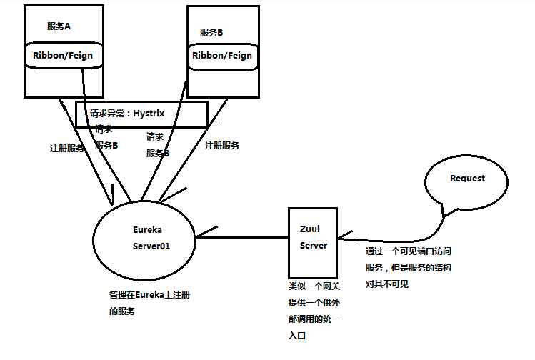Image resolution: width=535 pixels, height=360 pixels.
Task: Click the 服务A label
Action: (x=59, y=26)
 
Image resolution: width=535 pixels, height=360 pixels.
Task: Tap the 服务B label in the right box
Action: (x=211, y=32)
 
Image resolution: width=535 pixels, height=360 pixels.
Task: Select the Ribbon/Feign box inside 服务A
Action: (x=63, y=55)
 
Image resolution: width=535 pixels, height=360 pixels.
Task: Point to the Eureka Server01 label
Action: (x=151, y=237)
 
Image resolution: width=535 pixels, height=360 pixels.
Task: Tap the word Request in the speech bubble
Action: (x=467, y=178)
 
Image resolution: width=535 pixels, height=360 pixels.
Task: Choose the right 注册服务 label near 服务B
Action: (x=222, y=145)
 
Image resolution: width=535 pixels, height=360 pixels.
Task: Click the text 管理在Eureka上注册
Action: (x=148, y=295)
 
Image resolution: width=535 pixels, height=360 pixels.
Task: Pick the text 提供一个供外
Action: (x=314, y=302)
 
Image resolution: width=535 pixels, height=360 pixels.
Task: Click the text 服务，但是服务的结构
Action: (x=408, y=267)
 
